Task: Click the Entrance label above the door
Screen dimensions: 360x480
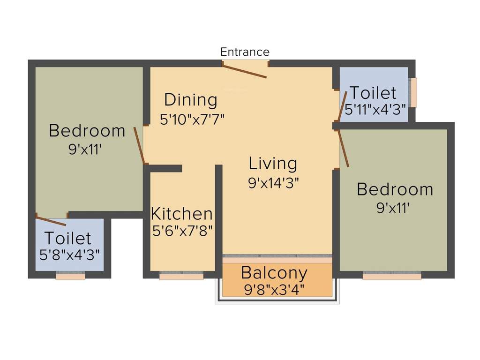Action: pyautogui.click(x=245, y=52)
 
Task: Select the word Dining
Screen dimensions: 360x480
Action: pyautogui.click(x=191, y=100)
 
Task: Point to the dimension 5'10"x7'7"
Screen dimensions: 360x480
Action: pyautogui.click(x=192, y=119)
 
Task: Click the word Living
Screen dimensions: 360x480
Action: pyautogui.click(x=273, y=164)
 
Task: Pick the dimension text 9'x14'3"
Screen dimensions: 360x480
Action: pyautogui.click(x=273, y=182)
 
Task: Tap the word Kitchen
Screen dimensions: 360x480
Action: pyautogui.click(x=181, y=214)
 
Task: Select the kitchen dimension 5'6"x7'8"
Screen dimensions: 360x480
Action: pyautogui.click(x=182, y=231)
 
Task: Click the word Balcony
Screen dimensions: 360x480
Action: pyautogui.click(x=274, y=272)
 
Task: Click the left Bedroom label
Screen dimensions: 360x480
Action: pyautogui.click(x=87, y=130)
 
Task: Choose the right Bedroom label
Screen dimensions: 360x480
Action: pyautogui.click(x=395, y=189)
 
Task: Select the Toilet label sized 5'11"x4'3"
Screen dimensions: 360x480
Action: pyautogui.click(x=373, y=93)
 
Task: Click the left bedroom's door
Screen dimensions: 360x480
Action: pyautogui.click(x=139, y=145)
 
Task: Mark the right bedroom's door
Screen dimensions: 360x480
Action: pyautogui.click(x=344, y=149)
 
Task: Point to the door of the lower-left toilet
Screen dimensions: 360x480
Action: pyautogui.click(x=51, y=221)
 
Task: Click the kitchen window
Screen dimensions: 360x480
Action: pyautogui.click(x=181, y=276)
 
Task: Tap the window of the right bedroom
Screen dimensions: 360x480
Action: pyautogui.click(x=392, y=276)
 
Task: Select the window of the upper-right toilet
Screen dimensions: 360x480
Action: pyautogui.click(x=413, y=92)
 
